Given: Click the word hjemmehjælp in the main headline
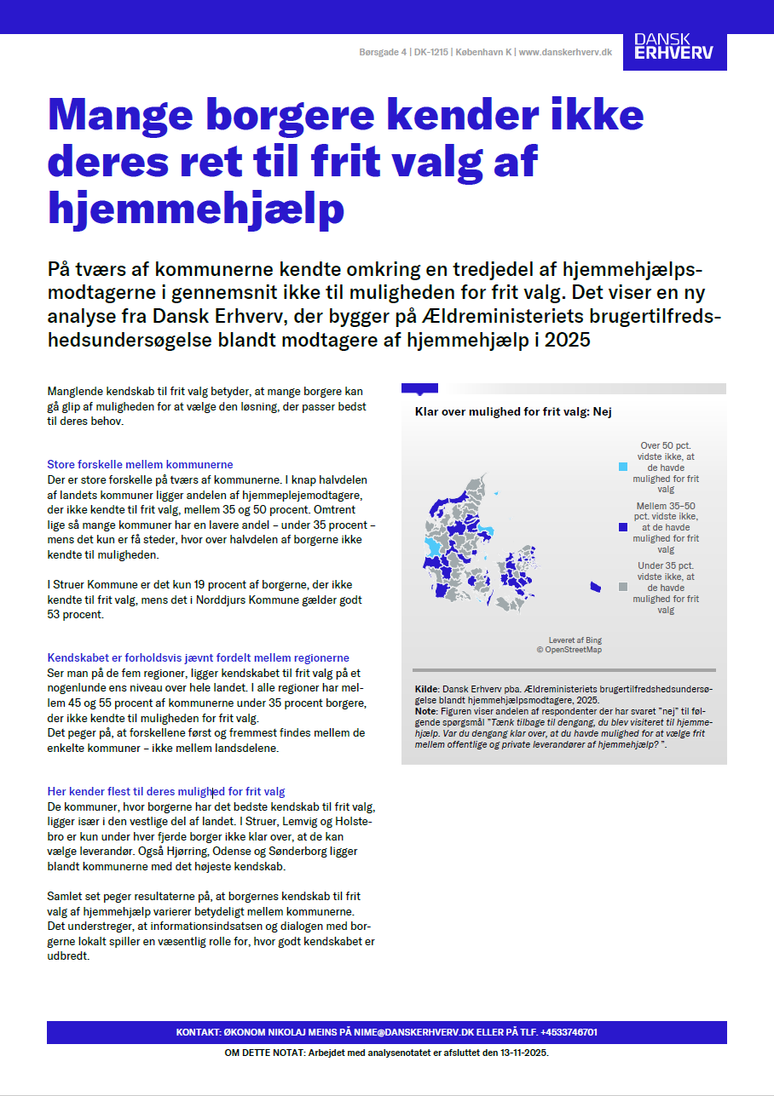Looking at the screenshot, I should (x=197, y=206).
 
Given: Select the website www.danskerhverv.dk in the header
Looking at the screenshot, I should (x=565, y=52).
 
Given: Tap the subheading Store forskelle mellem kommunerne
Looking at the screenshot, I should (x=140, y=465).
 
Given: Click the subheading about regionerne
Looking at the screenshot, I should (x=198, y=658).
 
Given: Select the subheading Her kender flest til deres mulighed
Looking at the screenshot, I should (x=166, y=792).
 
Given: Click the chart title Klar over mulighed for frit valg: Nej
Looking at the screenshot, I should (x=513, y=412).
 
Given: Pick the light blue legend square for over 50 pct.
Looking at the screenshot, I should (x=622, y=467).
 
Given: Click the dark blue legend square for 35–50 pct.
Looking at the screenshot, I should (x=622, y=527).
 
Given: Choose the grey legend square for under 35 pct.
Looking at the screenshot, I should (x=622, y=587).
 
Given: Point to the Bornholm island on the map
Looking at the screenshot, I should (x=595, y=587).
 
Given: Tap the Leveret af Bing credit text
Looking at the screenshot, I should (x=575, y=640).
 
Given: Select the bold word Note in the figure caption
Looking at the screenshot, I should (x=425, y=711).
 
